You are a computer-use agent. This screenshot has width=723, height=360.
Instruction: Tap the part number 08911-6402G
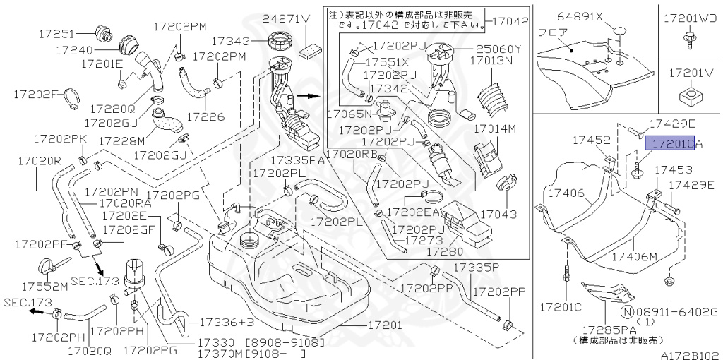point(676,311)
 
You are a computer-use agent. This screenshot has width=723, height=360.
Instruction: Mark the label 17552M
point(44,286)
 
